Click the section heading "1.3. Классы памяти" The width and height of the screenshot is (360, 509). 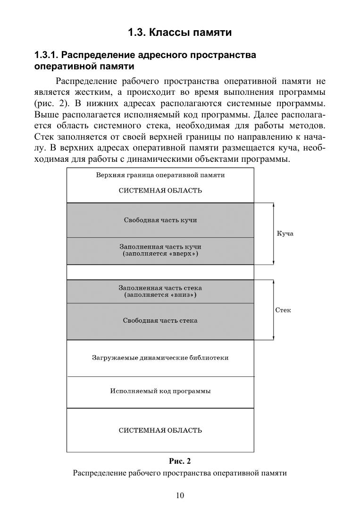pyautogui.click(x=180, y=33)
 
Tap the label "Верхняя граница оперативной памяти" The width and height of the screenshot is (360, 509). pyautogui.click(x=160, y=175)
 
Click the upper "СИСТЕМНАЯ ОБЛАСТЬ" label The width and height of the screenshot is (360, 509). pyautogui.click(x=160, y=191)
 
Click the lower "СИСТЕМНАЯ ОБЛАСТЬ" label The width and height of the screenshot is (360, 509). pyautogui.click(x=160, y=430)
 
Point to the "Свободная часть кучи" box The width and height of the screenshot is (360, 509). pyautogui.click(x=160, y=220)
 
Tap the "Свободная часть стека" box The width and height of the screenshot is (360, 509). pyautogui.click(x=160, y=321)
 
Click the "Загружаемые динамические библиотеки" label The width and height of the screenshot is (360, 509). pyautogui.click(x=160, y=358)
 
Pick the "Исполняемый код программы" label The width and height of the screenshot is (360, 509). pyautogui.click(x=160, y=391)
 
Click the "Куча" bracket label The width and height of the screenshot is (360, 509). pyautogui.click(x=285, y=234)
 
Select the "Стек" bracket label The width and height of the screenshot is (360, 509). pyautogui.click(x=283, y=310)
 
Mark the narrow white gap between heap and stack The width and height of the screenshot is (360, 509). pyautogui.click(x=160, y=272)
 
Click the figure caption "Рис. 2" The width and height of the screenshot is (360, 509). pyautogui.click(x=180, y=460)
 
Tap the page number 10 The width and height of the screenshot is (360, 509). pyautogui.click(x=180, y=495)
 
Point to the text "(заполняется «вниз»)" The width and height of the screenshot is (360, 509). pyautogui.click(x=160, y=295)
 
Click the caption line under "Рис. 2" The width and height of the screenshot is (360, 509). pyautogui.click(x=180, y=473)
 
